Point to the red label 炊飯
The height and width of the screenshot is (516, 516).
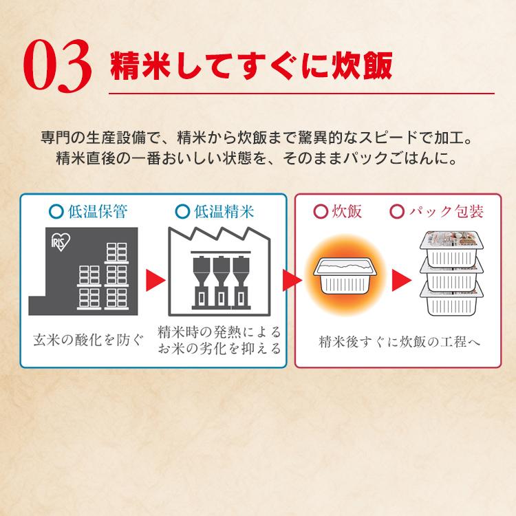pos(346,211)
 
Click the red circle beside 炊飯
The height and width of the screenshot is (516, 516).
pos(319,211)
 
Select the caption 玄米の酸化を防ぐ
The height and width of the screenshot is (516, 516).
pos(89,338)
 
